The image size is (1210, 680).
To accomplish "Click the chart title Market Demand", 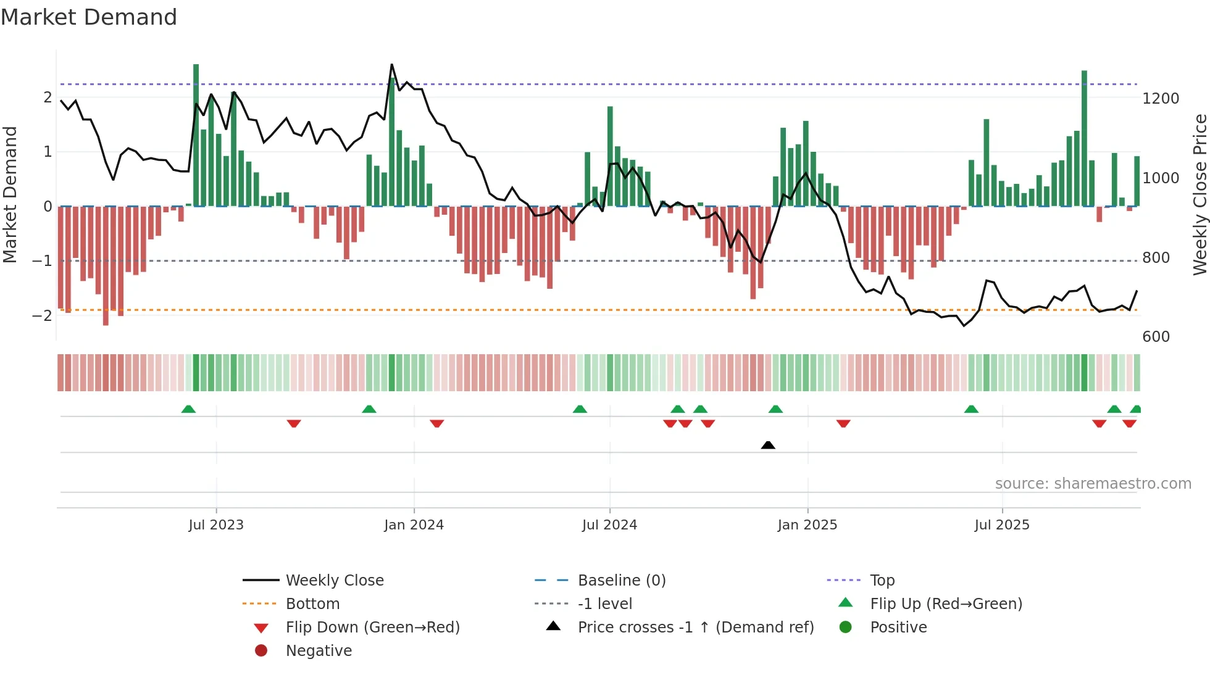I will click(89, 17).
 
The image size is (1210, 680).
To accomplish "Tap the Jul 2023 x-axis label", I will click(216, 525).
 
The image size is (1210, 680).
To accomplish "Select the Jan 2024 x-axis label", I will click(414, 525).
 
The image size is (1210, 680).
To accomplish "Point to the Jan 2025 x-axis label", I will click(807, 525).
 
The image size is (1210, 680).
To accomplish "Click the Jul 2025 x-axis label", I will click(1002, 525).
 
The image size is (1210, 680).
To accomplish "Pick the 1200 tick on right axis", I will click(1161, 99).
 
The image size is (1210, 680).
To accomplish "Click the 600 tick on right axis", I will click(1156, 337).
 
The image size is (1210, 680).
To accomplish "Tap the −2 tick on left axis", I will click(42, 316).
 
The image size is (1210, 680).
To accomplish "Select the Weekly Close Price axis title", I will click(1200, 194).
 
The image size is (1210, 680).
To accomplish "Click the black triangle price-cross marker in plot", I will click(768, 445).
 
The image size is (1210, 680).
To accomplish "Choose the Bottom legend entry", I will click(312, 604).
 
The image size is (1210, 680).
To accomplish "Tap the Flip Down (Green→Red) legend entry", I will click(372, 628).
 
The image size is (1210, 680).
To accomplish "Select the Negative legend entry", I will click(319, 651).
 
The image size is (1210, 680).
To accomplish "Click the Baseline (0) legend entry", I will click(622, 581).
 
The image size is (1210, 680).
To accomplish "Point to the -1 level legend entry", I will click(605, 604).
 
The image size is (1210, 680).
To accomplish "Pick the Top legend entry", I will click(882, 581).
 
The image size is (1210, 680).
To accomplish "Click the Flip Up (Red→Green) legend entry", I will click(946, 604).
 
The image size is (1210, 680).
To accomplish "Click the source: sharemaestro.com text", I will click(1093, 484).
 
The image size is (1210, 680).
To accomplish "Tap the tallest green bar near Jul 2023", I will click(196, 136).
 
